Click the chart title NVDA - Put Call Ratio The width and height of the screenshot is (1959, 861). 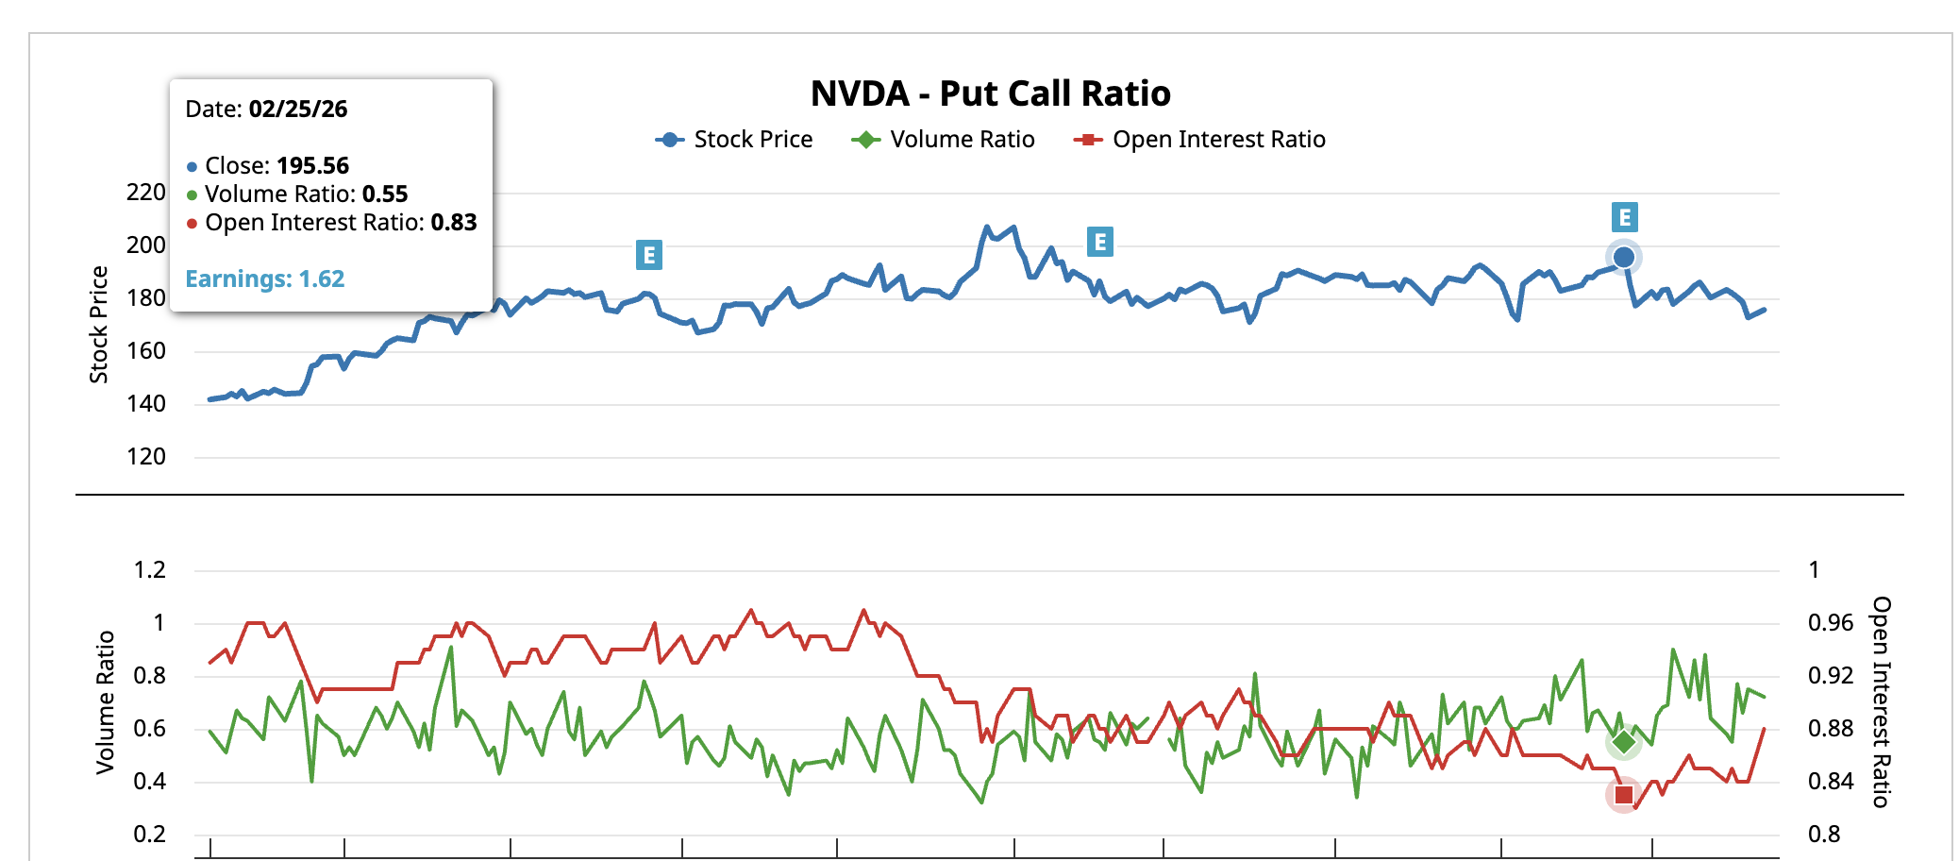click(x=990, y=94)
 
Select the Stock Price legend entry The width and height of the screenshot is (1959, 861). click(x=734, y=140)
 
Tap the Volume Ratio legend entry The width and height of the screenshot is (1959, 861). click(x=943, y=140)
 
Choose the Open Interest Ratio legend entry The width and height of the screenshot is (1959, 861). click(x=1199, y=140)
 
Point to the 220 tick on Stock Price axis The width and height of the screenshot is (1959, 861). click(x=146, y=193)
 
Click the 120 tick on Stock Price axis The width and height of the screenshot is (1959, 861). click(x=146, y=457)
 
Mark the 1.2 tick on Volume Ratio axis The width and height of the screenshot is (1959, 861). click(x=150, y=570)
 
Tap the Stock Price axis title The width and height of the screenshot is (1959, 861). click(x=99, y=325)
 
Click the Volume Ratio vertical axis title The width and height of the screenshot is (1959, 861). click(x=105, y=702)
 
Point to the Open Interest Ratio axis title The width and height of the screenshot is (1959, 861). click(x=1882, y=702)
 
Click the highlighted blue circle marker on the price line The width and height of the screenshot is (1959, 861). click(x=1624, y=257)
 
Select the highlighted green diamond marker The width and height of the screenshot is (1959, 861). click(x=1624, y=742)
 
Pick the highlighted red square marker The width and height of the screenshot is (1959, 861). click(x=1624, y=795)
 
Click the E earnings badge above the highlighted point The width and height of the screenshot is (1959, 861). click(x=1624, y=218)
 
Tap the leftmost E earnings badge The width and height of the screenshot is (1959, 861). click(x=649, y=255)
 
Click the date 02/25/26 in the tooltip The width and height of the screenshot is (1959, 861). click(x=298, y=110)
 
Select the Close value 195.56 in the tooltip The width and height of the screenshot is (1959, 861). click(x=312, y=166)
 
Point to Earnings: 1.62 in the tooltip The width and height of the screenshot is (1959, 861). click(x=265, y=279)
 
